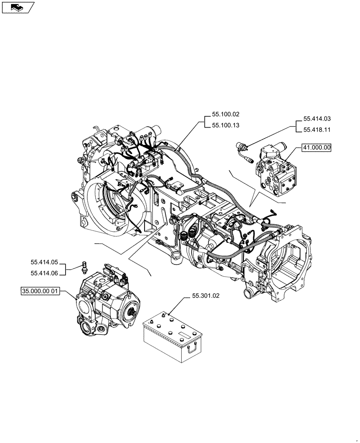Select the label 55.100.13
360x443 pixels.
point(225,125)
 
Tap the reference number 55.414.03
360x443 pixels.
point(317,119)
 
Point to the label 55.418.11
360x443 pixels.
point(317,130)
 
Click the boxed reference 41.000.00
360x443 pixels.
point(317,148)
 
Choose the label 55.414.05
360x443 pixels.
point(44,263)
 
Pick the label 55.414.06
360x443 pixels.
point(44,273)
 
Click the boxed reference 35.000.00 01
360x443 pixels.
point(40,291)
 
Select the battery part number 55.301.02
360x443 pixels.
point(206,295)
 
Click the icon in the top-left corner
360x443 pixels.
point(17,7)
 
